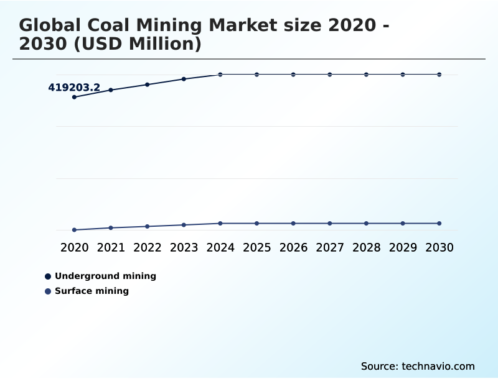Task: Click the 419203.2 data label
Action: click(x=74, y=88)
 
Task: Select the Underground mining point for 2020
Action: click(x=74, y=97)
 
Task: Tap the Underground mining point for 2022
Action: click(x=148, y=84)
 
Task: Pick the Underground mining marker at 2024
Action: click(x=220, y=75)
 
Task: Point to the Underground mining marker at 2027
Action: click(x=330, y=75)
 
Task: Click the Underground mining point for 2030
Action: click(x=439, y=75)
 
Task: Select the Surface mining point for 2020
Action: click(x=74, y=230)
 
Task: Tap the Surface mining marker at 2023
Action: click(x=184, y=225)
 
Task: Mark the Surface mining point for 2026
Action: click(x=293, y=223)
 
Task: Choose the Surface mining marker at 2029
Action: click(x=403, y=223)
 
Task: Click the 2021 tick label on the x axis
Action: click(x=111, y=247)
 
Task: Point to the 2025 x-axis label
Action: click(x=256, y=247)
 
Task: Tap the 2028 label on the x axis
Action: click(x=366, y=247)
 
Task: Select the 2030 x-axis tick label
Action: click(x=439, y=247)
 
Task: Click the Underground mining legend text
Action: click(x=105, y=276)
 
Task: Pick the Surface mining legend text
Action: click(x=92, y=291)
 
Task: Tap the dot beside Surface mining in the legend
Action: click(x=48, y=291)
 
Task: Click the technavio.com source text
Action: click(x=438, y=366)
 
